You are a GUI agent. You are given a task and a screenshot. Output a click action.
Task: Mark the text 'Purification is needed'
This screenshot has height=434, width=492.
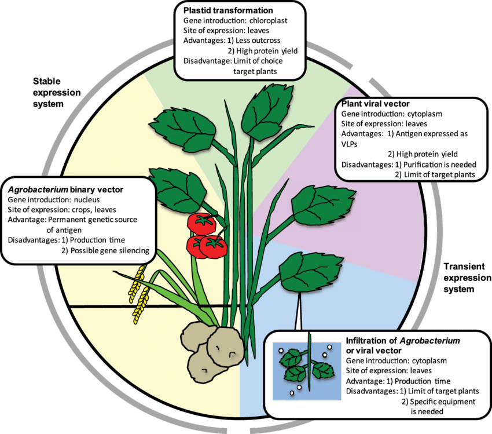point(435,164)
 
